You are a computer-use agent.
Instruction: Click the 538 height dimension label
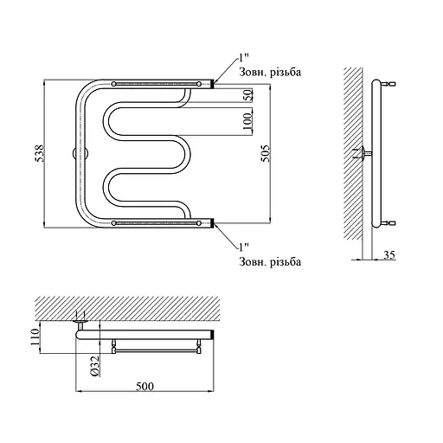tap(40, 153)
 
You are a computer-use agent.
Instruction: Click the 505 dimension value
tap(266, 153)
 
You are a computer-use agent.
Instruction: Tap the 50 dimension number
tap(248, 95)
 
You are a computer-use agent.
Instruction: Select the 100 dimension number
tap(247, 121)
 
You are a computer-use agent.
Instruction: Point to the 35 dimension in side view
tap(389, 255)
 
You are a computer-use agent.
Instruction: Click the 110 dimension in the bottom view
tap(35, 337)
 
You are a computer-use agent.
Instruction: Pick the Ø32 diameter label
tap(95, 366)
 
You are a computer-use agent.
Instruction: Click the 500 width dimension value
tap(144, 387)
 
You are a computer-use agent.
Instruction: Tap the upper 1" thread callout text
tap(242, 58)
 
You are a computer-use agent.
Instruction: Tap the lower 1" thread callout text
tap(244, 247)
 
